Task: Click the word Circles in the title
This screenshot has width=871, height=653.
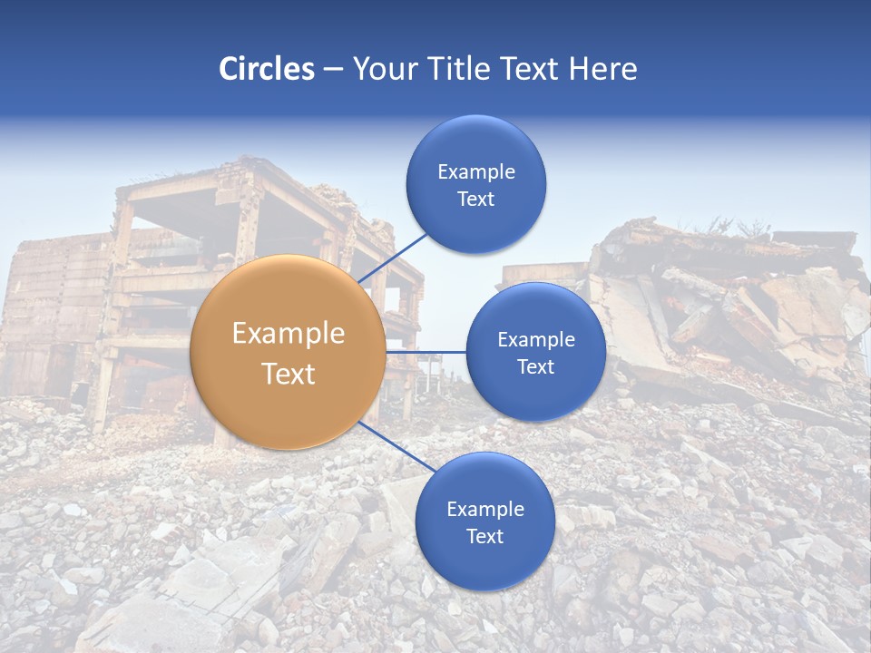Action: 266,69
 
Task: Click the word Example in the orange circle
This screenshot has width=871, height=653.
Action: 288,334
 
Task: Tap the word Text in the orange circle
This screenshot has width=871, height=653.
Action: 288,374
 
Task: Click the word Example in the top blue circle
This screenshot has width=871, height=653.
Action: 475,172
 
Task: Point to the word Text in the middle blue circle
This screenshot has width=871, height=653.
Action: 535,367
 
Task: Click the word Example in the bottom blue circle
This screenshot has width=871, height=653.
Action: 484,510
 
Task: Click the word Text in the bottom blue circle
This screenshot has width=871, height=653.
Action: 484,537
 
